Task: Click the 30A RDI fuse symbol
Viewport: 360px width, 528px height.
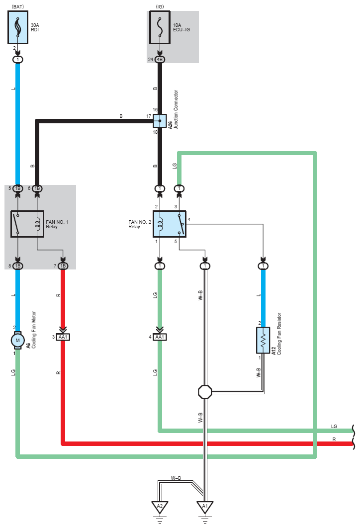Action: click(18, 27)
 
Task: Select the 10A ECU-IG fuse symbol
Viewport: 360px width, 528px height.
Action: click(160, 27)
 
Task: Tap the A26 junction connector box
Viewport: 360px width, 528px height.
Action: click(160, 121)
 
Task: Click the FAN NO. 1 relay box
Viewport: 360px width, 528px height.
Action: click(27, 224)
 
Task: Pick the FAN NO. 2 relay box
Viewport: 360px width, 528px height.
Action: click(170, 224)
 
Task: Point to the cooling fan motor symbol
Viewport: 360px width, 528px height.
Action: click(18, 340)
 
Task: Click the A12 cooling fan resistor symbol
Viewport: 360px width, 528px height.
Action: click(263, 340)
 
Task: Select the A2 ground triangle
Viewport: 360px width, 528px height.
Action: click(160, 507)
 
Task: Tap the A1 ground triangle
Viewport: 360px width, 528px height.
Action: click(205, 507)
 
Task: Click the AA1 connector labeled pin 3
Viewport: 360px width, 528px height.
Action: click(63, 337)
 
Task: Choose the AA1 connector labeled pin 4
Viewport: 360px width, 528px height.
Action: click(160, 337)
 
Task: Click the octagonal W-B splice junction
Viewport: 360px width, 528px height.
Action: click(205, 392)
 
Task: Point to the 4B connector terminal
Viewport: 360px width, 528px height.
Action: click(160, 60)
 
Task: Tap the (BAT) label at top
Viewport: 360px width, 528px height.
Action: click(18, 7)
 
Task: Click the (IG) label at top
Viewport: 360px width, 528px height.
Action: click(160, 7)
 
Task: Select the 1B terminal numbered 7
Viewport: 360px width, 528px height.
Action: click(63, 266)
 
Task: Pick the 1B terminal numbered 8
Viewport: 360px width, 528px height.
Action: click(18, 266)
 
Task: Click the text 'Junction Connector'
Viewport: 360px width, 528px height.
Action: click(176, 109)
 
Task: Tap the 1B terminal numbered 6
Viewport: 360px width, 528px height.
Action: click(37, 188)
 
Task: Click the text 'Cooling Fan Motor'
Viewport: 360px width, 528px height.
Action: click(34, 330)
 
